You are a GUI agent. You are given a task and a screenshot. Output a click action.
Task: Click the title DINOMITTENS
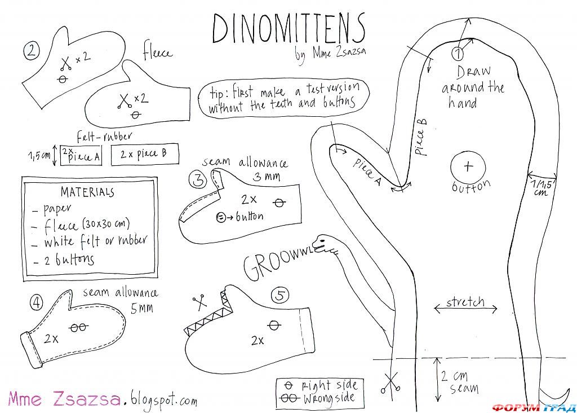[288, 28]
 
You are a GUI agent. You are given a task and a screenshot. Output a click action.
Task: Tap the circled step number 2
[32, 51]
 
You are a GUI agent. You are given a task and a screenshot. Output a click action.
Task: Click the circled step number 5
[280, 295]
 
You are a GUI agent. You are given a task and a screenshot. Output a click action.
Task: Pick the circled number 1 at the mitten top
[457, 54]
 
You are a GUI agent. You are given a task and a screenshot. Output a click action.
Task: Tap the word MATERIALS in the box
[87, 191]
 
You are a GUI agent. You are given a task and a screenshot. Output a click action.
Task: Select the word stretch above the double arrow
[465, 301]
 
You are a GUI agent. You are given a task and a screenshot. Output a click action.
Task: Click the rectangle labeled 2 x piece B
[145, 154]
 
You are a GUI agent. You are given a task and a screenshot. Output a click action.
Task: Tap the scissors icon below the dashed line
[389, 384]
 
